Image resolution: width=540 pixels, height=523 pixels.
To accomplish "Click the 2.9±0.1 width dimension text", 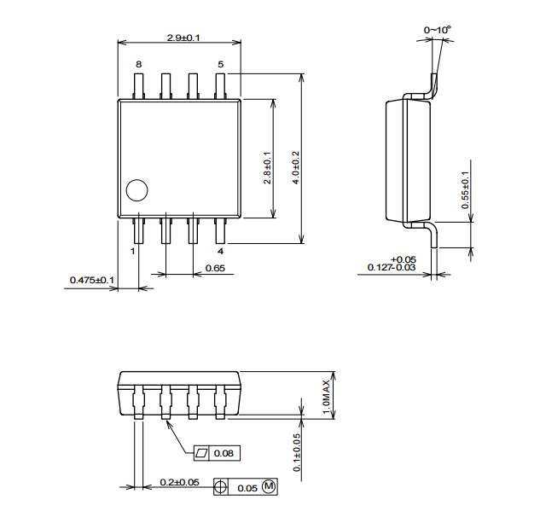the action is click(183, 38).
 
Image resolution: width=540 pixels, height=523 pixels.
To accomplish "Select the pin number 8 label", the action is click(138, 64).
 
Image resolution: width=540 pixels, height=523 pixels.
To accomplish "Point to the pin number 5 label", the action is click(220, 64).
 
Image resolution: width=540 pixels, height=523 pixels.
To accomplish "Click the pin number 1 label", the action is click(132, 251).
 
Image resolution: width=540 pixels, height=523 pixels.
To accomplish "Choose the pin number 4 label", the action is click(220, 251).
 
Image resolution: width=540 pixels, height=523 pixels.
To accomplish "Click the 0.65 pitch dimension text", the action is click(215, 268).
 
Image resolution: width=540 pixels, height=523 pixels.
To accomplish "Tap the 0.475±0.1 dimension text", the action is click(92, 280).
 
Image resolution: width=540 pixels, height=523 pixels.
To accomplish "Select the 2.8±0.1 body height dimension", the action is click(267, 168).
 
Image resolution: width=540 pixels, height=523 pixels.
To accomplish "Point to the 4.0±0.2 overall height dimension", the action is click(296, 168).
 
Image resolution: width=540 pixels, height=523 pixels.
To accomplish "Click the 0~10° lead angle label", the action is click(438, 30).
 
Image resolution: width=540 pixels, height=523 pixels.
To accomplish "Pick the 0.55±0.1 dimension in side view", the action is click(465, 190).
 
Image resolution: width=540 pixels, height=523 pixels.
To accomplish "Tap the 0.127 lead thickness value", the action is click(380, 267).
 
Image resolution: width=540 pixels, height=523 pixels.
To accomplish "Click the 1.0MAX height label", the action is click(326, 397).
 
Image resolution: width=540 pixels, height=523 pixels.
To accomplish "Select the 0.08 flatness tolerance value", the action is click(224, 453).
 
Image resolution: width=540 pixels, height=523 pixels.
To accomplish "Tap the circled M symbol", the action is click(269, 486).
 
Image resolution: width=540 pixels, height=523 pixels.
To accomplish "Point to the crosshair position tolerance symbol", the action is click(221, 487).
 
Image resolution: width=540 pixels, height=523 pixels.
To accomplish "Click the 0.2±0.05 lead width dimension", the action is click(179, 482).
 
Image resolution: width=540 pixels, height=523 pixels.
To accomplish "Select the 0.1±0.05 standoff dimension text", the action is click(297, 452).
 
